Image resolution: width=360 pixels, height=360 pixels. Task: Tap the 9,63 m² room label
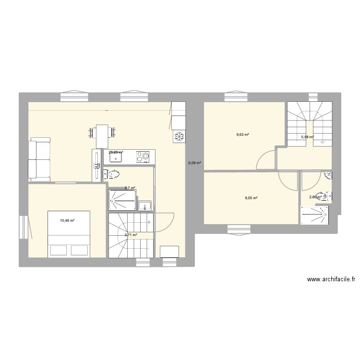[x=242, y=135]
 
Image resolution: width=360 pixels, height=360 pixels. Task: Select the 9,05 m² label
[x=252, y=198]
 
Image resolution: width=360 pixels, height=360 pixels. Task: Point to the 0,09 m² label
[x=194, y=163]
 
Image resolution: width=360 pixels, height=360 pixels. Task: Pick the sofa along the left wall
[x=39, y=159]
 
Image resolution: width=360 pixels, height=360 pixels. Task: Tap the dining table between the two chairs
[x=102, y=135]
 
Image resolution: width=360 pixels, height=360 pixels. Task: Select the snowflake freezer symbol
[x=179, y=136]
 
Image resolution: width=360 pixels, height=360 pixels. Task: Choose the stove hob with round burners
[x=144, y=156]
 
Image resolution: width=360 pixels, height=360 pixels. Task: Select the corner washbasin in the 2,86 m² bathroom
[x=328, y=176]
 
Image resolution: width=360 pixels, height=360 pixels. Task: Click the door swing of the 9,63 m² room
[x=266, y=160]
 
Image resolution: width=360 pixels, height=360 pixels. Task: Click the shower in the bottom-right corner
[x=315, y=215]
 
